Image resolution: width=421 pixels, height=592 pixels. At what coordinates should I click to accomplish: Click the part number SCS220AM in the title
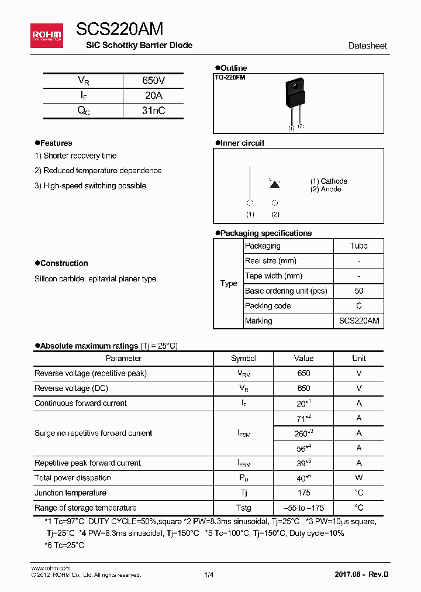coord(119,29)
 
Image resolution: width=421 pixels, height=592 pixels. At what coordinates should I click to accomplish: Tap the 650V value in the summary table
coord(153,81)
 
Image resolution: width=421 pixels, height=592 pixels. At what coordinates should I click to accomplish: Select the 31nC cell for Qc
coord(153,111)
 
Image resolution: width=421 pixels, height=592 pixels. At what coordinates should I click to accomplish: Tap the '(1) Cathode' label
coord(329,181)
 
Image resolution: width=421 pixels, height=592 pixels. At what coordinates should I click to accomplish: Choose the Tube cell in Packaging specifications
coord(358,246)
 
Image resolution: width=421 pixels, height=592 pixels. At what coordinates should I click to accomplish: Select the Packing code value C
coord(358,306)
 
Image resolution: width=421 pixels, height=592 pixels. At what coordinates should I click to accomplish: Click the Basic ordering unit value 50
coord(358,291)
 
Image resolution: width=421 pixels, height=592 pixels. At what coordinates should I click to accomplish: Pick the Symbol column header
coord(244,359)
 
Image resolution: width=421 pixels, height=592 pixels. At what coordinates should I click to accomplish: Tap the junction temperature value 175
coord(303,493)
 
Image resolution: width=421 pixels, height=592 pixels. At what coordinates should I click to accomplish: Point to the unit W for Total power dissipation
coord(358,478)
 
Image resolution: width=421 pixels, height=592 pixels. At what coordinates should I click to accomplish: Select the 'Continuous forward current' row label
coord(81,403)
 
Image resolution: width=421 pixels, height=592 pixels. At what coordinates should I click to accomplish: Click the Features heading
coord(56,143)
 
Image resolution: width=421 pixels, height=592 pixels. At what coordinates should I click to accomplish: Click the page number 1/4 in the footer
coord(209,575)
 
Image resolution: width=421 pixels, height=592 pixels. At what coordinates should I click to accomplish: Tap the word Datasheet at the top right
coord(367,46)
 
